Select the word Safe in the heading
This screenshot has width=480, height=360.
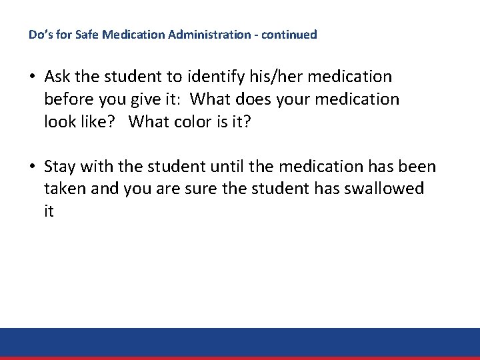[x=76, y=34]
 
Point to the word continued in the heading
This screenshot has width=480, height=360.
[x=289, y=34]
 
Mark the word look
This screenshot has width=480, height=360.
[x=61, y=122]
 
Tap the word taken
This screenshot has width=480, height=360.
[x=63, y=189]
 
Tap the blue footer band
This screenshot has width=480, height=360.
[x=240, y=342]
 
